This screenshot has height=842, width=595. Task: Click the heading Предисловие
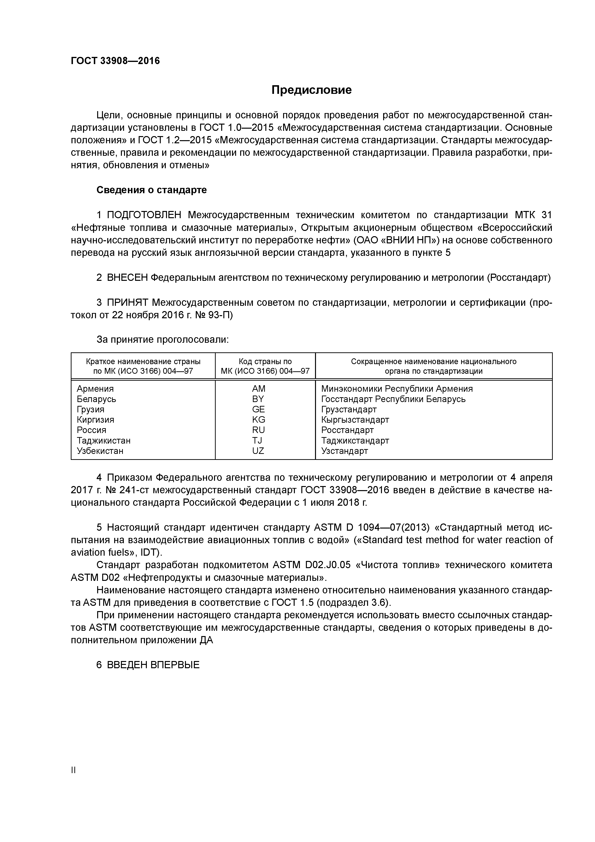click(311, 90)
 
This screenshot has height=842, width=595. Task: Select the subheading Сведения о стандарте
click(151, 190)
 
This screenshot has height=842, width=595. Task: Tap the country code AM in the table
click(258, 389)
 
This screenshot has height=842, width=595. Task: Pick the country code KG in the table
click(258, 420)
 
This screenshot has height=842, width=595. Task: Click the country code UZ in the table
click(258, 451)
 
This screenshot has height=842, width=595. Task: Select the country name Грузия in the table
click(90, 409)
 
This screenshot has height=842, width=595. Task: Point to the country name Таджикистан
click(103, 440)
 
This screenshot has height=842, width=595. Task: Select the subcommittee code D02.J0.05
click(326, 565)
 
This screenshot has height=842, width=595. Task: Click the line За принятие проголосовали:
click(162, 340)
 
